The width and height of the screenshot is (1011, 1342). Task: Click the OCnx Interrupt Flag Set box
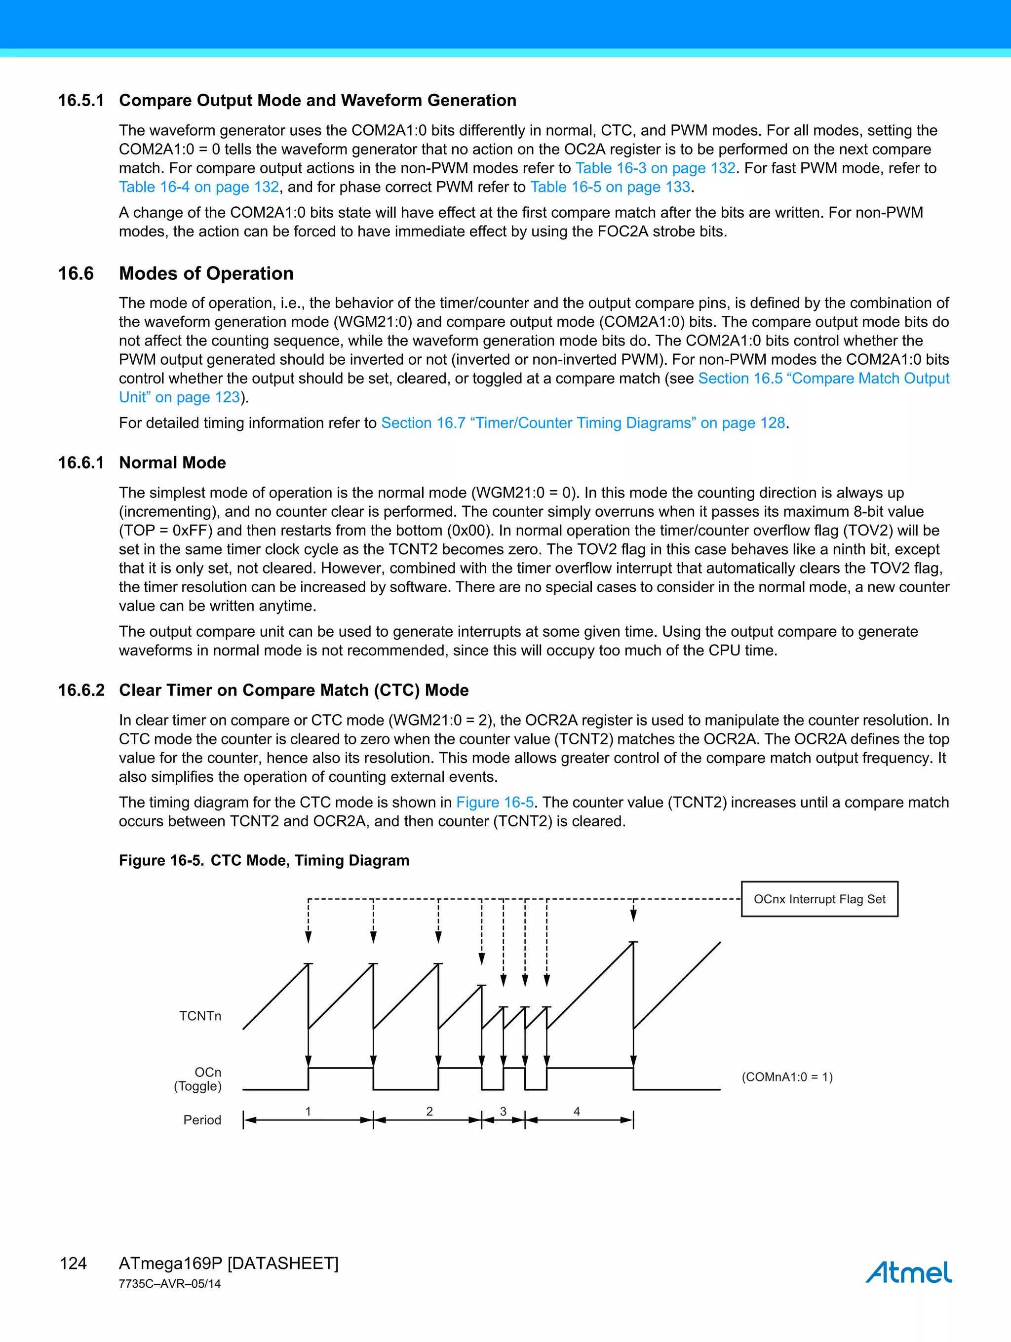819,899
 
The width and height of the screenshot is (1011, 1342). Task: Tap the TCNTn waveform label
200,1016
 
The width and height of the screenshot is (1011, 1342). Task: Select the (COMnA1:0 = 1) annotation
787,1077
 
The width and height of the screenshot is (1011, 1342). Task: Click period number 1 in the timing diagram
308,1111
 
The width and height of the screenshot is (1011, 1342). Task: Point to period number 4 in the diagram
577,1111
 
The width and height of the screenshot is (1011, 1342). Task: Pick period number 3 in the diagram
503,1111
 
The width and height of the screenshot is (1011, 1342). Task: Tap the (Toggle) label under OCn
198,1086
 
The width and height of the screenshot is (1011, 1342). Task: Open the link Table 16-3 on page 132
656,168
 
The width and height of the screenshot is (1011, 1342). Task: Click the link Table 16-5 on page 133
610,187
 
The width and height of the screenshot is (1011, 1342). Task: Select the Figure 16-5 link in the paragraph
495,802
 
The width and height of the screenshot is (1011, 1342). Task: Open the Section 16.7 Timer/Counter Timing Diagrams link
583,423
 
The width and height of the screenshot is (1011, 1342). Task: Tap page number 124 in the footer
74,1263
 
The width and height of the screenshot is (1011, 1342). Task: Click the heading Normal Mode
172,463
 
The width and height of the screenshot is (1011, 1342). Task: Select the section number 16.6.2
81,690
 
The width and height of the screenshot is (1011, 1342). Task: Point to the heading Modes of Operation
206,273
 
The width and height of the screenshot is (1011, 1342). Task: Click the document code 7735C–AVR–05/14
170,1284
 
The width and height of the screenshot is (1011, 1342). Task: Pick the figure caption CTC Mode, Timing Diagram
310,860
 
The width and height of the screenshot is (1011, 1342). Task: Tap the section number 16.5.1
81,101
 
